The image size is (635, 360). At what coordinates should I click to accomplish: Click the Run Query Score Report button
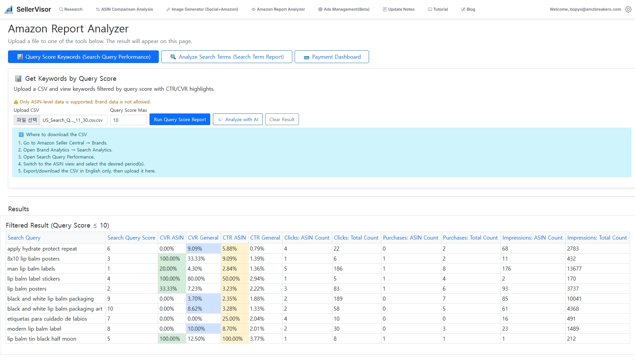[x=180, y=119]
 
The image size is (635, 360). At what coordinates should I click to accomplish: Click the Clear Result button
[x=282, y=119]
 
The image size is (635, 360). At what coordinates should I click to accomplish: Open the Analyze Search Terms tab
[x=227, y=57]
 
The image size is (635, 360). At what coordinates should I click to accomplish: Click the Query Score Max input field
[x=128, y=120]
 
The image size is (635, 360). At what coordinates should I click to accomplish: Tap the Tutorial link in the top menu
[x=438, y=9]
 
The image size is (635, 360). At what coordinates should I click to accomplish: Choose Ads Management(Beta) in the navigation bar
[x=344, y=9]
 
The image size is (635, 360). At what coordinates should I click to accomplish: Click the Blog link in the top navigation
[x=468, y=9]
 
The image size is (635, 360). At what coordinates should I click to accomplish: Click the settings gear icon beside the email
[x=628, y=9]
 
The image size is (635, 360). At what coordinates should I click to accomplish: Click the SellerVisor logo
[x=28, y=9]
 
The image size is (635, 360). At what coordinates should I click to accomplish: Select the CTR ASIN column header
[x=234, y=238]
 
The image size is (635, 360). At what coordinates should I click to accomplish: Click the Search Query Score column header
[x=131, y=238]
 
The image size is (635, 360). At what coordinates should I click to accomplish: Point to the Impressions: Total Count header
[x=597, y=238]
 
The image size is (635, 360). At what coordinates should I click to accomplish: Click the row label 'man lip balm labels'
[x=31, y=269]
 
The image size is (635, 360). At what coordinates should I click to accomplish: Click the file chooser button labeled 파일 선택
[x=27, y=120]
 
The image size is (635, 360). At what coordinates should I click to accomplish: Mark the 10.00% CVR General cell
[x=196, y=329]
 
